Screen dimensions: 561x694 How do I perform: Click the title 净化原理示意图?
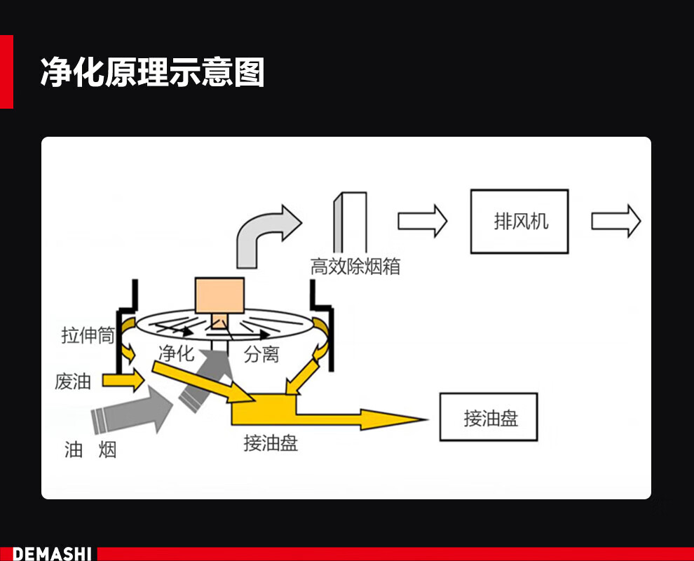point(152,72)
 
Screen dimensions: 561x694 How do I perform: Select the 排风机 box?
point(519,222)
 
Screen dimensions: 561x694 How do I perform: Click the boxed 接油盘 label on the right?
point(489,418)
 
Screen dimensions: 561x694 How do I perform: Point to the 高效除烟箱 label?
point(355,266)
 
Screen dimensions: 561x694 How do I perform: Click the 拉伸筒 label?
point(88,336)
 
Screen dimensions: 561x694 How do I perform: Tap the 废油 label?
point(73,382)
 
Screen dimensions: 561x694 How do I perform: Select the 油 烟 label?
point(90,450)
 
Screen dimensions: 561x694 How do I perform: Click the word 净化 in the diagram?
point(176,353)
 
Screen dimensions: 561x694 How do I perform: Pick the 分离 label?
point(261,355)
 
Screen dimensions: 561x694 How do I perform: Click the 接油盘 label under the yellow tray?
point(271,443)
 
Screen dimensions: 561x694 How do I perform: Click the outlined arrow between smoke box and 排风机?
point(422,221)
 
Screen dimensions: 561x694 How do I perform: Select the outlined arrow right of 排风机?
point(615,221)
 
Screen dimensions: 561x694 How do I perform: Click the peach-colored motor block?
point(219,297)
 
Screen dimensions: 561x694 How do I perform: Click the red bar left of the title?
point(6,72)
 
